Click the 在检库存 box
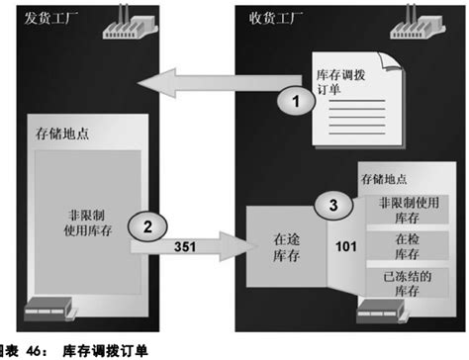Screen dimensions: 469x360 pyautogui.click(x=401, y=243)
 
